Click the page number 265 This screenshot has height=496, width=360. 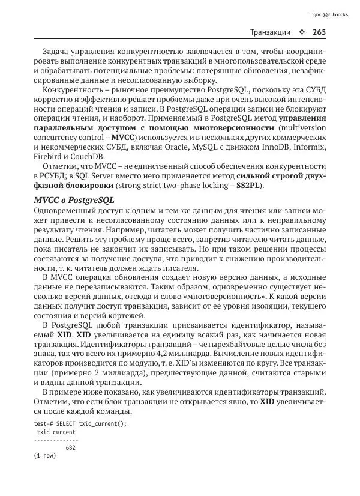[x=319, y=32]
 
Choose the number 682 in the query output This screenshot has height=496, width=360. [x=70, y=447]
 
